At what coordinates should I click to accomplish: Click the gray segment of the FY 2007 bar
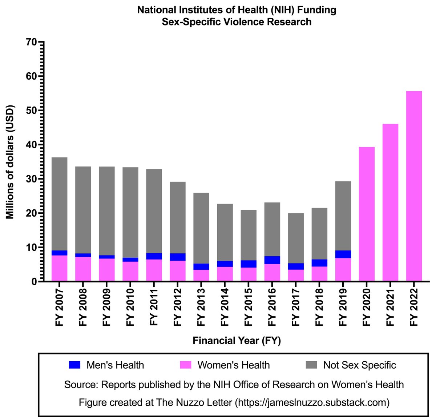[59, 204]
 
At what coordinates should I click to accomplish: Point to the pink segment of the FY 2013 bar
[201, 276]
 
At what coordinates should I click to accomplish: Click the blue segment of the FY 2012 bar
[177, 257]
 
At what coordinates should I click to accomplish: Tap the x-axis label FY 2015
[249, 308]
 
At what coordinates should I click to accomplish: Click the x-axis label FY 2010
[130, 308]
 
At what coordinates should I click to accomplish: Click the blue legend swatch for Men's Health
[74, 365]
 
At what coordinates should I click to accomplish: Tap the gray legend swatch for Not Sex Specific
[311, 365]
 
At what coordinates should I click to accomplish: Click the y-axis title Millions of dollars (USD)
[10, 162]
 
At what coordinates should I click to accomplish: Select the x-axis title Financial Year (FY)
[237, 341]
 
